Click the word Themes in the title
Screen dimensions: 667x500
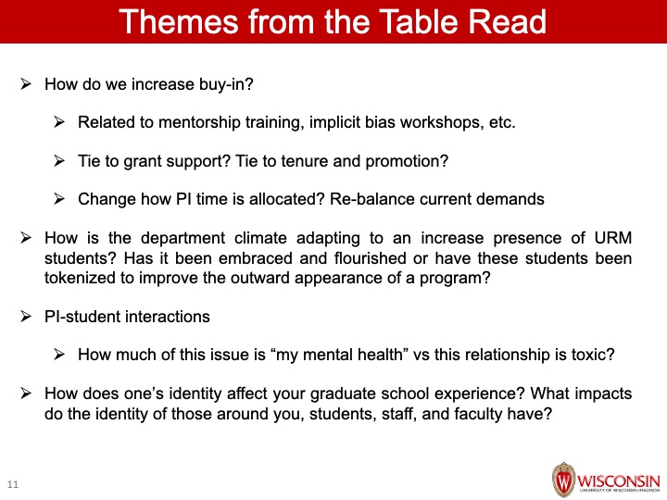[179, 21]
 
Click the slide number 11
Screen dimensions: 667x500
[13, 484]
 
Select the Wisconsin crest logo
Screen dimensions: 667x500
[563, 480]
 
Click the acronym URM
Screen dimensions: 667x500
[613, 238]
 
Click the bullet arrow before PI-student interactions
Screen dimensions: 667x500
[26, 317]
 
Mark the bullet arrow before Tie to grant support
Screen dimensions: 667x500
[59, 161]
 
